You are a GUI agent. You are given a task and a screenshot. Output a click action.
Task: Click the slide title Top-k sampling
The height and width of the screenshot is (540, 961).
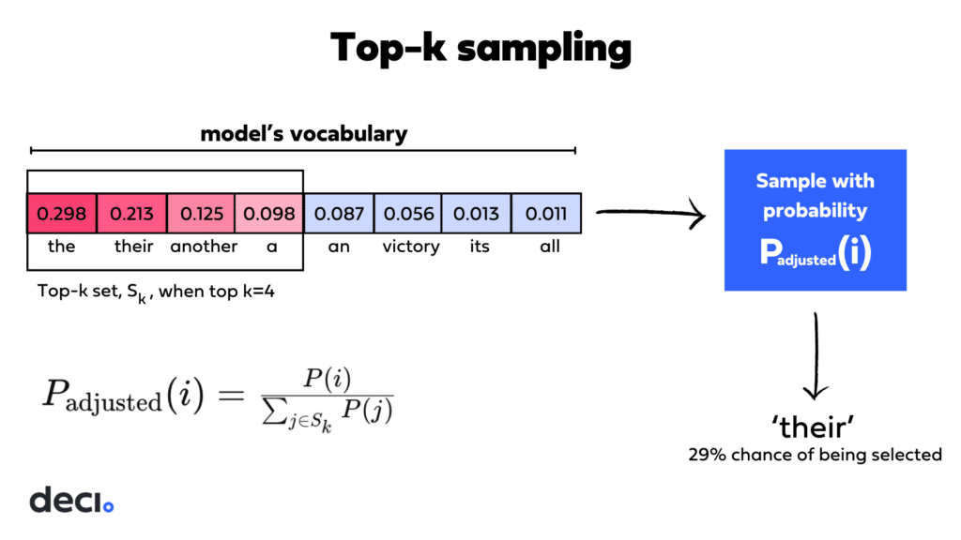(480, 48)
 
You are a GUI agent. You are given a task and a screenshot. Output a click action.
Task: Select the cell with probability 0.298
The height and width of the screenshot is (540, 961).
(62, 214)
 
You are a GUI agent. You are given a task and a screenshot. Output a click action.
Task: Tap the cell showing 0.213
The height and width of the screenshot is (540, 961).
(131, 214)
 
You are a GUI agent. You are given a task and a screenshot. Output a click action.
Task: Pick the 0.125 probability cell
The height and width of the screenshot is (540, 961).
(201, 214)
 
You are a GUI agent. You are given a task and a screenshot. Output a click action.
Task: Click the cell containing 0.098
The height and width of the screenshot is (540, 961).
(269, 214)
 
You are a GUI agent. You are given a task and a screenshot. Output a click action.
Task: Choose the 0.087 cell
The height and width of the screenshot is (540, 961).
(340, 214)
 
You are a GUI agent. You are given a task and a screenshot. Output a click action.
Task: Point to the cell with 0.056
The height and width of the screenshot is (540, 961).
(408, 214)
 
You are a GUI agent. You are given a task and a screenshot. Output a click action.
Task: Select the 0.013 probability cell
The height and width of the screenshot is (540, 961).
(478, 214)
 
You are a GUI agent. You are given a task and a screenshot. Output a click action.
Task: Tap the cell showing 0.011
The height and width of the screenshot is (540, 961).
(547, 214)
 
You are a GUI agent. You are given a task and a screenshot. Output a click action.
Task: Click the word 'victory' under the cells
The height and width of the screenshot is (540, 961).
(410, 247)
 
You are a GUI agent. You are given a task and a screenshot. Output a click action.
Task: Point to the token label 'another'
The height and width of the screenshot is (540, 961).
(204, 247)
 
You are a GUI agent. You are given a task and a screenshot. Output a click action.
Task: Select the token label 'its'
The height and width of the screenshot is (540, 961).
(479, 247)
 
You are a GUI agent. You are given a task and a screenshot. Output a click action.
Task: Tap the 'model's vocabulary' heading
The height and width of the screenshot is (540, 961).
(304, 134)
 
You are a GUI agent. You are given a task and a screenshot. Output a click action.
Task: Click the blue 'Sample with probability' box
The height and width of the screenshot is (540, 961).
(816, 219)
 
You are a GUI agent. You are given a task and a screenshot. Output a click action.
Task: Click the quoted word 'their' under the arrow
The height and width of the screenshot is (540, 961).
(815, 427)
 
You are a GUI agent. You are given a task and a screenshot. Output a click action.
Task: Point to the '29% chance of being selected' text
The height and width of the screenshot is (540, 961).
(815, 455)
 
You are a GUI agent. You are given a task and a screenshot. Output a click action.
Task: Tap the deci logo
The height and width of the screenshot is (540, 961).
(71, 500)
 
